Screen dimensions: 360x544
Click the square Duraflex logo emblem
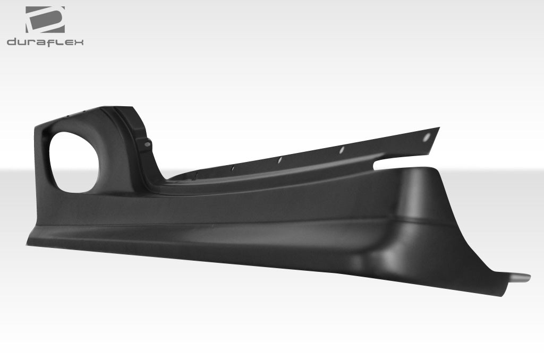45,20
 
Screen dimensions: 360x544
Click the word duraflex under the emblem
45,42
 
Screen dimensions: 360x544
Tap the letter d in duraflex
12,42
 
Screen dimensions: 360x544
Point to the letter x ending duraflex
79,42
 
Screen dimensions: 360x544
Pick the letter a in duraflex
40,42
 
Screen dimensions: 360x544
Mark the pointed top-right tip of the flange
438,128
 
